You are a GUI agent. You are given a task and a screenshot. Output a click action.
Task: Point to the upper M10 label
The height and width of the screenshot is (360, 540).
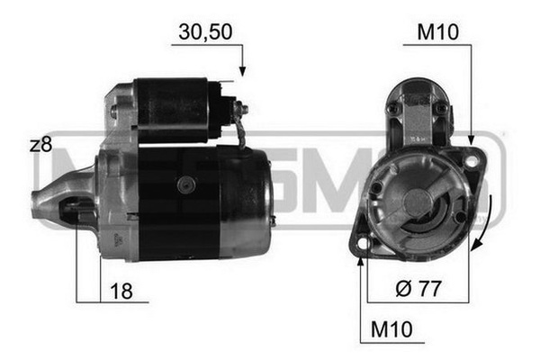coord(438,31)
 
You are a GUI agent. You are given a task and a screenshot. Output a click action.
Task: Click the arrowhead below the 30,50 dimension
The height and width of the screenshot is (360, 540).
coord(242,69)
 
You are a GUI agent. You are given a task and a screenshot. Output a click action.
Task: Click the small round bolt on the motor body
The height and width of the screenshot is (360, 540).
coord(186,184)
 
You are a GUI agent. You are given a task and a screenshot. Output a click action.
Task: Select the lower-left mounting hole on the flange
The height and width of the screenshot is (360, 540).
coord(364,244)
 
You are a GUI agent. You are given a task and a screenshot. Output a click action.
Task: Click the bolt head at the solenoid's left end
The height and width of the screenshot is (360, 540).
coord(114,112)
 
